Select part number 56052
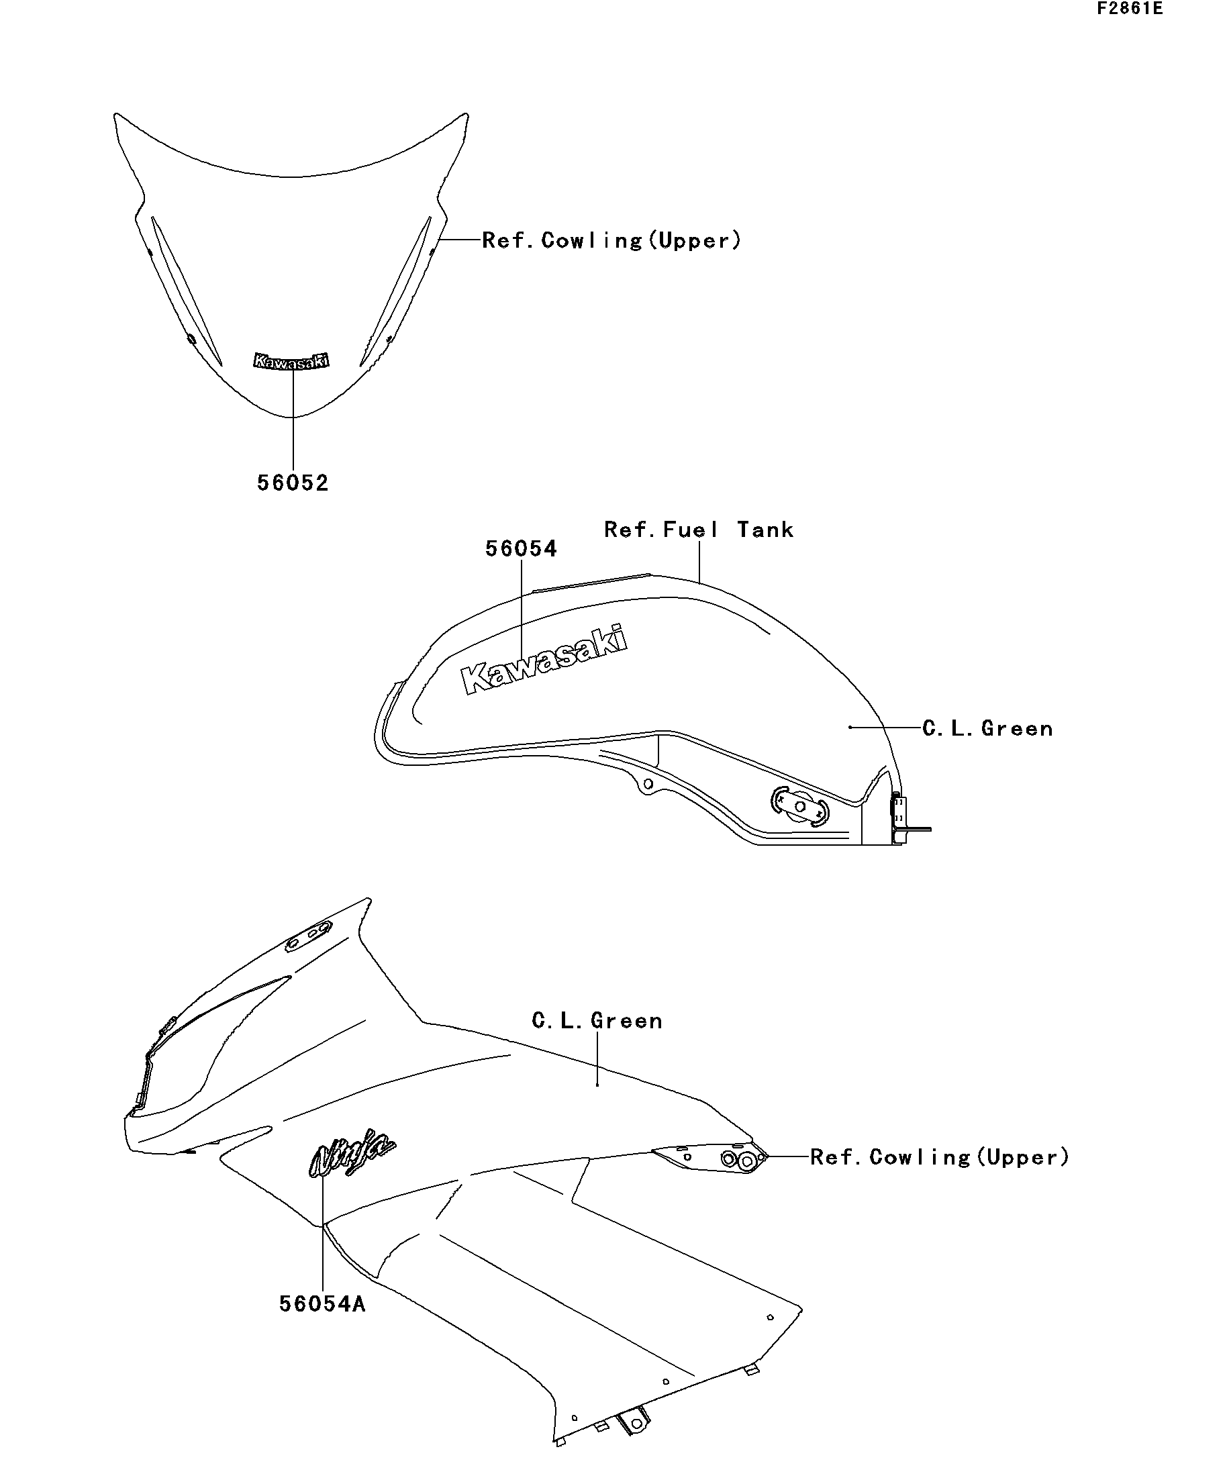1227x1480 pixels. pyautogui.click(x=293, y=483)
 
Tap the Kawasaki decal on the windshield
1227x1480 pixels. pyautogui.click(x=291, y=361)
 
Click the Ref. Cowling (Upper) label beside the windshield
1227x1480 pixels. pyautogui.click(x=611, y=240)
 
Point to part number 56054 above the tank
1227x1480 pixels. pyautogui.click(x=521, y=549)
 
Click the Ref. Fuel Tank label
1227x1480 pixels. pyautogui.click(x=699, y=530)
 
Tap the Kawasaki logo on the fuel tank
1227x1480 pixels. pyautogui.click(x=544, y=659)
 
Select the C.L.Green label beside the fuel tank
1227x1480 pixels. pyautogui.click(x=987, y=728)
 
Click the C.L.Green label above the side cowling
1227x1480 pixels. pyautogui.click(x=597, y=1020)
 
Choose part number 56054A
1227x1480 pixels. pyautogui.click(x=322, y=1303)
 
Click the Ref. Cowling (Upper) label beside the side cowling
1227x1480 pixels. pyautogui.click(x=940, y=1156)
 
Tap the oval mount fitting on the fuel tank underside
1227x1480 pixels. pyautogui.click(x=800, y=805)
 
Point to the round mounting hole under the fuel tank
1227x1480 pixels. pyautogui.click(x=648, y=784)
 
